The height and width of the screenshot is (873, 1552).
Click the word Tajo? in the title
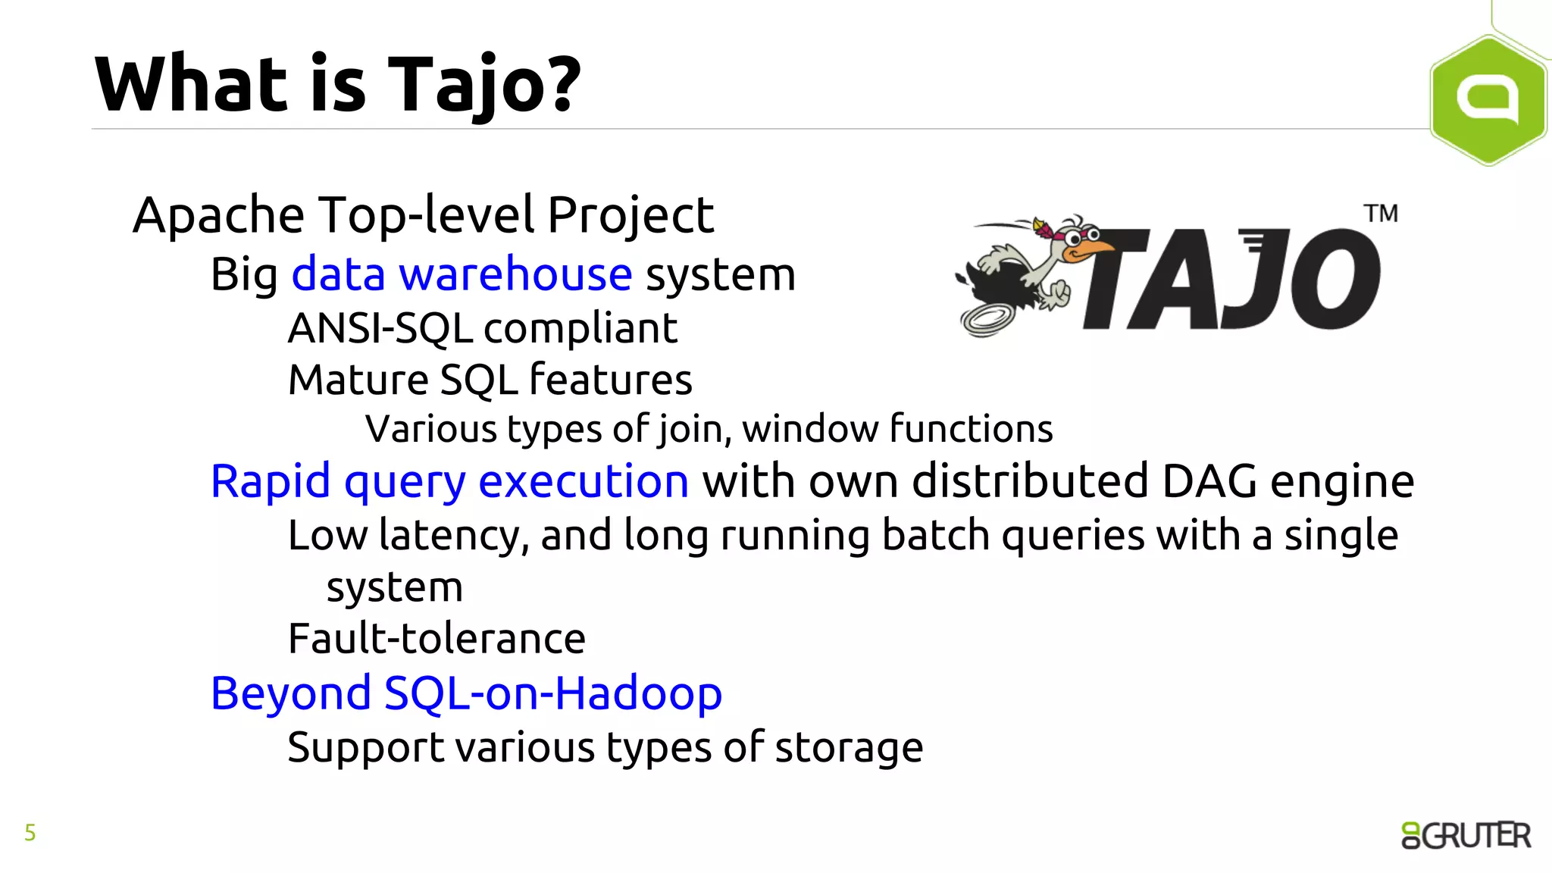[x=485, y=85]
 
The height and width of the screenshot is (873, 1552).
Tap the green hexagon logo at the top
[x=1488, y=99]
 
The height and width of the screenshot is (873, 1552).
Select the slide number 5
[x=30, y=833]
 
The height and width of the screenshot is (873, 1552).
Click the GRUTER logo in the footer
[x=1466, y=835]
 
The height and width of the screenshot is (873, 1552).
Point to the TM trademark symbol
[x=1381, y=214]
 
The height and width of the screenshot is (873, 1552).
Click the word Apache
[x=218, y=215]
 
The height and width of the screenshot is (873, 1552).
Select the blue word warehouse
[x=515, y=274]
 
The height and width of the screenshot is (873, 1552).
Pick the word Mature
[x=358, y=380]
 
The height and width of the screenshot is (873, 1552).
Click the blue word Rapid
[x=271, y=481]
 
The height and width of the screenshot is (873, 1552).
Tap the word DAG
[x=1209, y=481]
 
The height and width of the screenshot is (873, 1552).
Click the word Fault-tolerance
[x=436, y=639]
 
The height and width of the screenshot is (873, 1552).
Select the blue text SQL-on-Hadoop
[x=553, y=693]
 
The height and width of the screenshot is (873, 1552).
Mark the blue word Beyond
[x=291, y=693]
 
